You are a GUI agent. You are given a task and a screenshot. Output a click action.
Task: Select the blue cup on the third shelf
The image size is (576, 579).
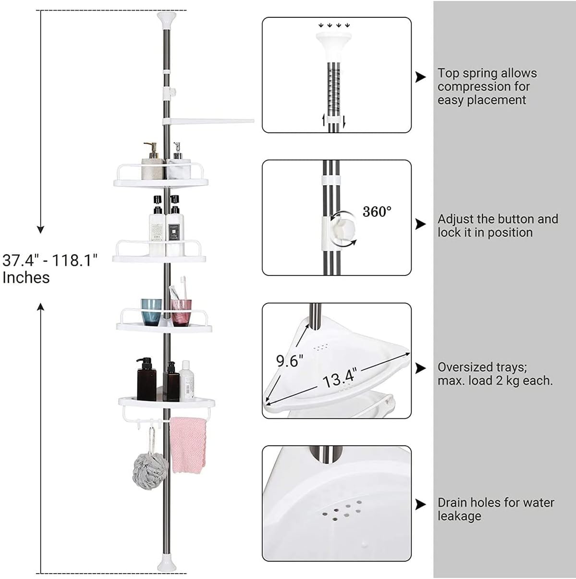click(x=151, y=311)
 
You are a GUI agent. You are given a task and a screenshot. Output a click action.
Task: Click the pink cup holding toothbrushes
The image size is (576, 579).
click(x=181, y=311)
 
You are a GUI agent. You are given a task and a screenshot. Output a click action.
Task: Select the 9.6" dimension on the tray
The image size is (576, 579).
click(x=290, y=360)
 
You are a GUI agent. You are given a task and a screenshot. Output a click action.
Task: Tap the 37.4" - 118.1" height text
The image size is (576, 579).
click(x=50, y=261)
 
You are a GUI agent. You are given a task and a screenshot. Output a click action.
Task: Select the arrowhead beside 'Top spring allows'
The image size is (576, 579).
click(x=420, y=77)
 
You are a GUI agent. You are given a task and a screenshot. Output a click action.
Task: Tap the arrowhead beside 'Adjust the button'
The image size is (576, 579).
click(x=420, y=224)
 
